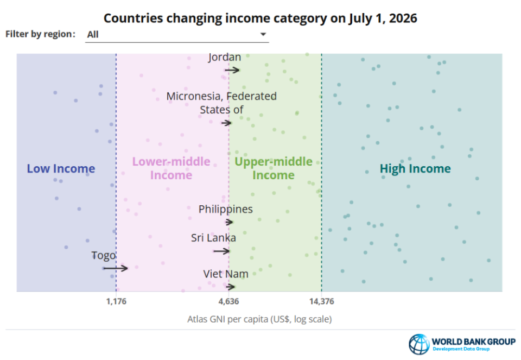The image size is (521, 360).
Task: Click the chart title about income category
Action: tap(260, 18)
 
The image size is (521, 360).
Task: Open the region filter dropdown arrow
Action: tap(263, 34)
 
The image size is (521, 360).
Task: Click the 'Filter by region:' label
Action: tap(41, 34)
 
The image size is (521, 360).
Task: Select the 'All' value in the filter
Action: tap(93, 35)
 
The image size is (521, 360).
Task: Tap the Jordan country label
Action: tap(225, 57)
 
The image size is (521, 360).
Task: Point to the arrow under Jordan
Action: tap(232, 70)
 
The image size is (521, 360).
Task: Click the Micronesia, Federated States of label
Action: tap(221, 103)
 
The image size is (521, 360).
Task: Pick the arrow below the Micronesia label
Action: tap(226, 123)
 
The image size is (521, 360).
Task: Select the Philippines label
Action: tap(226, 209)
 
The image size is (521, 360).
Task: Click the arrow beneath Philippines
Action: tap(229, 222)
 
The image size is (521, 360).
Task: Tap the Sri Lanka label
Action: tap(213, 238)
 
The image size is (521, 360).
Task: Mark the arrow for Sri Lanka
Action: tap(221, 251)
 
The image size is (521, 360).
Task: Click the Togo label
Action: tap(103, 255)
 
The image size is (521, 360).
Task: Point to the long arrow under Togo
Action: tap(116, 268)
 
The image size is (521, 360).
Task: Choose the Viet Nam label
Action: tap(226, 274)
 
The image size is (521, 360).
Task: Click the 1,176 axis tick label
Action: tap(116, 301)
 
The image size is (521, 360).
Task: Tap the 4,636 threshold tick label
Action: tap(228, 301)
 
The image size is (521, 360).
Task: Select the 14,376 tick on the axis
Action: tap(322, 301)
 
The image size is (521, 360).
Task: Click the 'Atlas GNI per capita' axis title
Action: tap(259, 319)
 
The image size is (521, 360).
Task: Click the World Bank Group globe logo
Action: tap(420, 344)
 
